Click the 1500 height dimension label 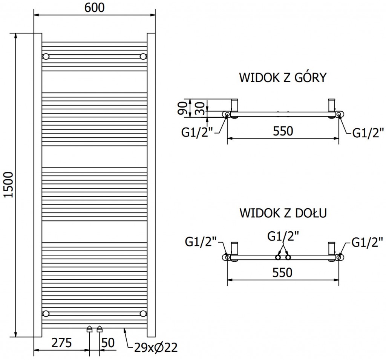click(x=8, y=185)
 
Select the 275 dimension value click(x=61, y=343)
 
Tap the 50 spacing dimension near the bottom click(x=108, y=343)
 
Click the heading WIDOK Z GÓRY click(x=283, y=78)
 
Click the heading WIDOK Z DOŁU click(x=283, y=213)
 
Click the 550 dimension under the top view click(x=283, y=131)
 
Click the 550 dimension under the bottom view click(x=283, y=272)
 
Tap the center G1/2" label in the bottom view click(x=283, y=237)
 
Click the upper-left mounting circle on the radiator click(x=46, y=57)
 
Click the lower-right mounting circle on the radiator click(x=143, y=313)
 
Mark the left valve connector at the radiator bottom click(x=90, y=329)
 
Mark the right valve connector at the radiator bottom click(x=100, y=329)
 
